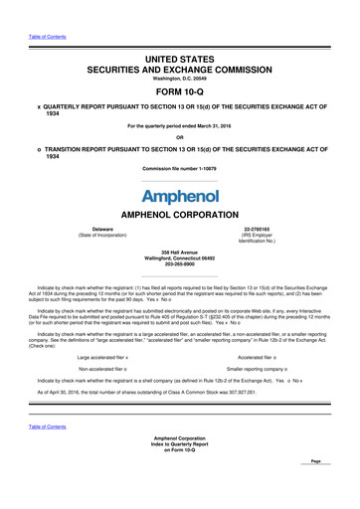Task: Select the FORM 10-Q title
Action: click(x=179, y=86)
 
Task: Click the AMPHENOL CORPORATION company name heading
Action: click(x=179, y=216)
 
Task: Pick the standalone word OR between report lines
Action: click(x=179, y=137)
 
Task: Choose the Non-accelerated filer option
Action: click(x=101, y=368)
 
